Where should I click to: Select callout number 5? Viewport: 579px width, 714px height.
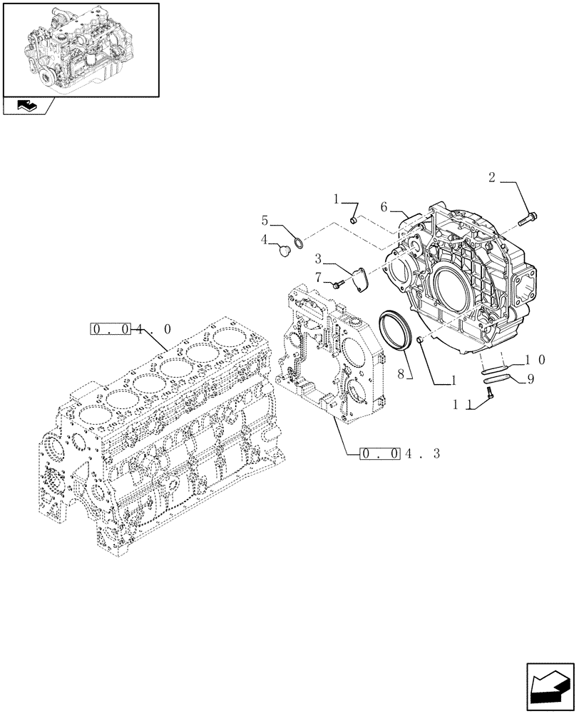264,221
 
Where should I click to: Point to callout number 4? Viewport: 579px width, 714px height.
264,240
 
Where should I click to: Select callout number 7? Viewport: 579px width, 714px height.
319,276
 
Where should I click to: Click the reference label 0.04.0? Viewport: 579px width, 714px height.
130,329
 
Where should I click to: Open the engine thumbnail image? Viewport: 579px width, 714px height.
80,49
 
